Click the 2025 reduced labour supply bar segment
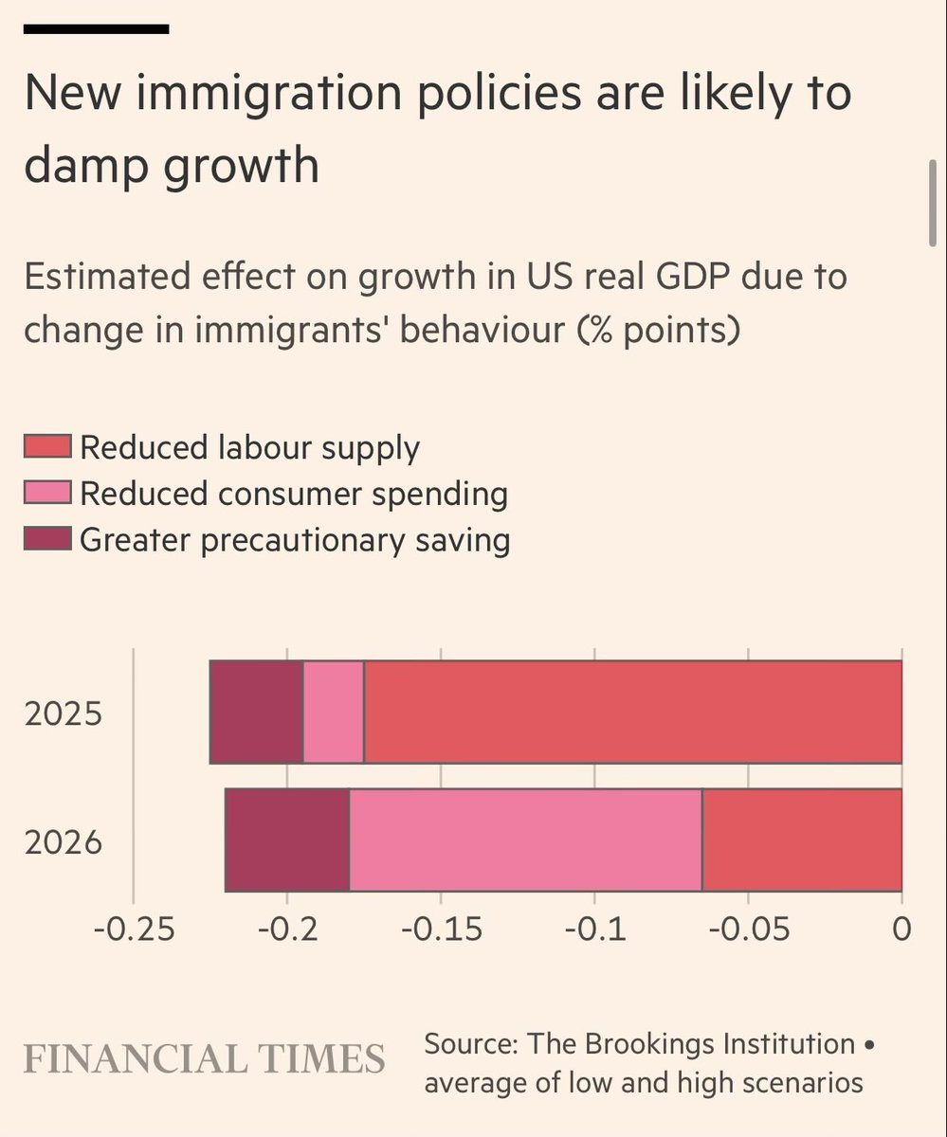pos(632,712)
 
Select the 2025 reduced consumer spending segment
pos(334,712)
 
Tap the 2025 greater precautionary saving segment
pos(256,712)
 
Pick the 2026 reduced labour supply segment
pos(802,839)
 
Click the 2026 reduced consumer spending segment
pos(526,839)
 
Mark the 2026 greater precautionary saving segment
pos(287,839)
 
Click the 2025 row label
pos(63,713)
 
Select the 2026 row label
pos(63,841)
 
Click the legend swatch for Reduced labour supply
pos(47,447)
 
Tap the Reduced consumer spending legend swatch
pos(47,493)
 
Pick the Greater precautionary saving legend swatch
pos(47,539)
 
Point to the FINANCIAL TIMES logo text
pos(204,1057)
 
